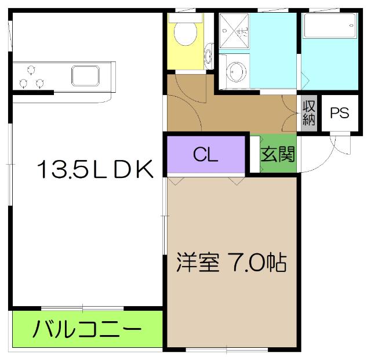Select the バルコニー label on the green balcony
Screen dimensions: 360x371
coord(87,329)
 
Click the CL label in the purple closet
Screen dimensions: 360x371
coord(205,154)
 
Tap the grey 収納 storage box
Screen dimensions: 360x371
coord(308,113)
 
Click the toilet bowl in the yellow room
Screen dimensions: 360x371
coord(185,34)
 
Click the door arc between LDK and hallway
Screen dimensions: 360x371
coord(185,93)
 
